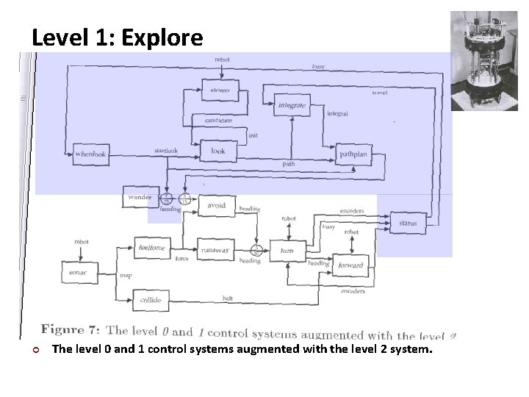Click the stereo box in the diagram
[x=219, y=90]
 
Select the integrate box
[x=292, y=105]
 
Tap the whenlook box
[x=91, y=154]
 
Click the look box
[x=217, y=151]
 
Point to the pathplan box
[x=353, y=155]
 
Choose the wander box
[x=140, y=197]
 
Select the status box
[x=408, y=223]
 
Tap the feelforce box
[x=153, y=248]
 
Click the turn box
[x=287, y=250]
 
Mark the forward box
[x=350, y=265]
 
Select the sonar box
[x=78, y=273]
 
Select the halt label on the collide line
[x=228, y=298]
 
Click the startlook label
[x=166, y=151]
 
